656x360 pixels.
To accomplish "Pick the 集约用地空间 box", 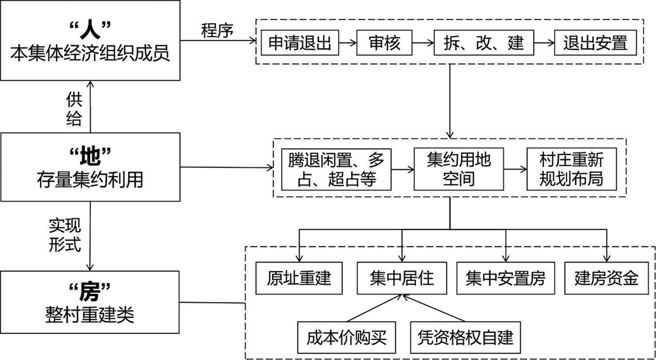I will tap(451, 169).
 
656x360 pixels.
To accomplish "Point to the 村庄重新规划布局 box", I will tap(571, 169).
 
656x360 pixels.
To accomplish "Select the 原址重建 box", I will tap(299, 278).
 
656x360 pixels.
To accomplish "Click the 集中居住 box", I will tap(401, 278).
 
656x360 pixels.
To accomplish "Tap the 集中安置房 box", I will tap(506, 278).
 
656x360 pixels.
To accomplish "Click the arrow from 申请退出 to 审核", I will tap(347, 43).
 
